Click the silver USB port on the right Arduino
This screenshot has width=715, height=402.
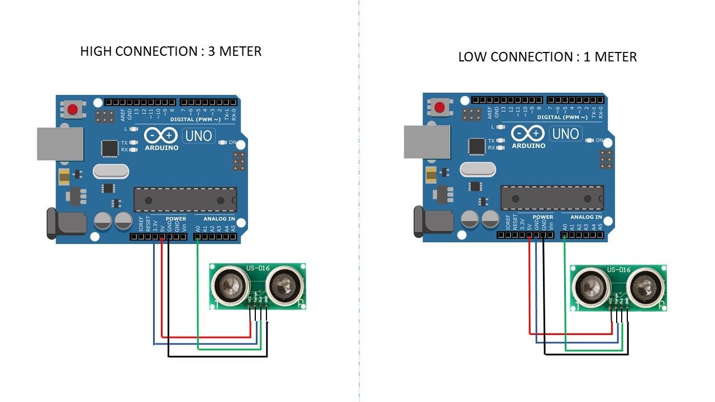point(427,141)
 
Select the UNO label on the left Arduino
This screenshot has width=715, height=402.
point(198,136)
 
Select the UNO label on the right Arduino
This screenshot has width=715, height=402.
point(566,133)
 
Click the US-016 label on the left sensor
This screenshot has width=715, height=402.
point(258,268)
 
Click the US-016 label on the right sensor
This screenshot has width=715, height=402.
point(619,270)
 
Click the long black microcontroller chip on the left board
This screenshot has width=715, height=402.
point(185,200)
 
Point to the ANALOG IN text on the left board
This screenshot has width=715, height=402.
point(219,219)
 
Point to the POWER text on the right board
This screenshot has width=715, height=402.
point(543,217)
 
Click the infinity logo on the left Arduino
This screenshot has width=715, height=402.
point(161,136)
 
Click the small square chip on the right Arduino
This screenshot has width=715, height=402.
point(476,146)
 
